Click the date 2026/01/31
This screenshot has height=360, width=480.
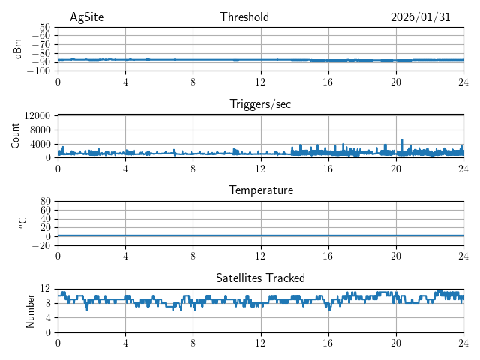point(420,17)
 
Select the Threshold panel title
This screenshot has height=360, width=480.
point(244,17)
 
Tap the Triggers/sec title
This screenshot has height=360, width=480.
point(260,104)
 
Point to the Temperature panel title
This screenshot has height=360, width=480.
point(260,190)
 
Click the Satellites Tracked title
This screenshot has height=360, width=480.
point(260,277)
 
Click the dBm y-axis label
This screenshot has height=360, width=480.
point(18,49)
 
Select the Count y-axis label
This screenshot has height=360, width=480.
point(15,136)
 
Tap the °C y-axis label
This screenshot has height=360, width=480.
point(22,223)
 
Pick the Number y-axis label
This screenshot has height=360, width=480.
point(30,310)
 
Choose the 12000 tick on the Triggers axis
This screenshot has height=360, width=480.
point(37,115)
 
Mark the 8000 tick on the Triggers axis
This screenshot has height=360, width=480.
point(40,130)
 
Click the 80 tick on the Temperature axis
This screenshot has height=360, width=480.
point(45,202)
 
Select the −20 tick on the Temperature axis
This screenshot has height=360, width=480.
point(42,245)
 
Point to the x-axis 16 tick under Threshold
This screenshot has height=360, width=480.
point(328,81)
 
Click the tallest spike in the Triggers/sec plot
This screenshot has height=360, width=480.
point(403,140)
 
